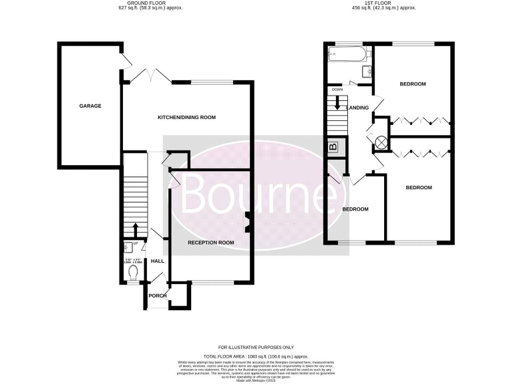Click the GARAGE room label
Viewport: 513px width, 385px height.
[x=90, y=106]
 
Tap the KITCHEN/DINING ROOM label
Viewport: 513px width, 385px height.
[x=186, y=118]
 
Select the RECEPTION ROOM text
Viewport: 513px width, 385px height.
[x=210, y=242]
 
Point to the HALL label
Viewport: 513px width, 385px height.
[x=158, y=261]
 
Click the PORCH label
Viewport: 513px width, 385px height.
[x=158, y=296]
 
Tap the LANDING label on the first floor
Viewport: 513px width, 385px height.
[x=357, y=107]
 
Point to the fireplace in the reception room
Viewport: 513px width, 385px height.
[x=248, y=223]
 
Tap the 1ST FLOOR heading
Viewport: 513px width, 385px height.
[x=383, y=3]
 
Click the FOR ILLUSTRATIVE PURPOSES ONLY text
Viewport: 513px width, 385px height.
[x=256, y=348]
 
